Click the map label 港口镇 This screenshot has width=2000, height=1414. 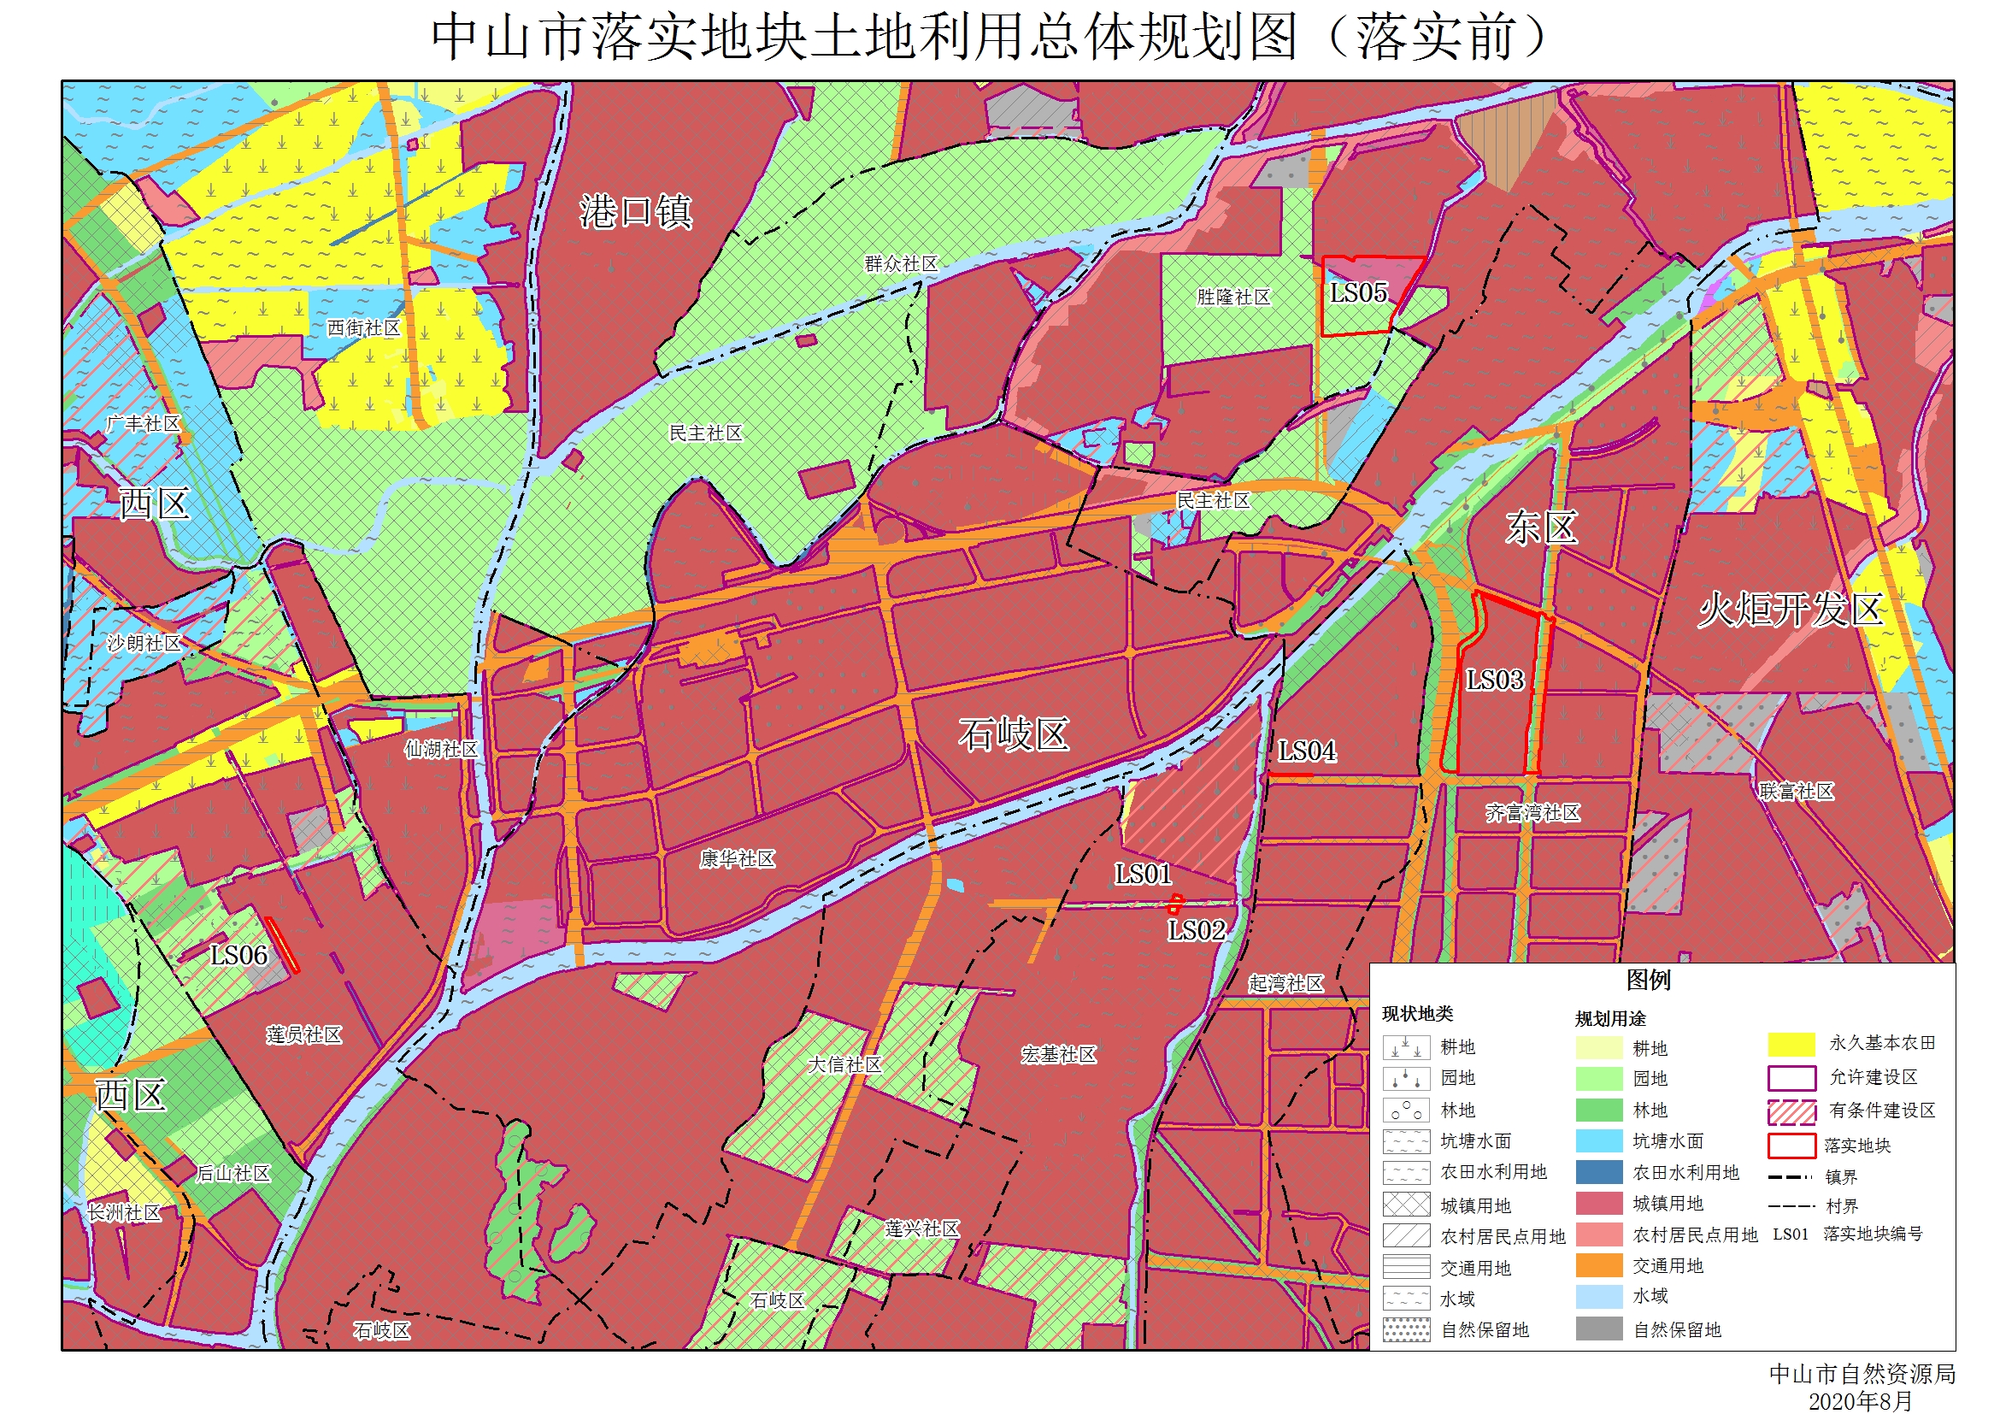(x=636, y=212)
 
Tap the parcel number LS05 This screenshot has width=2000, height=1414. (x=1358, y=292)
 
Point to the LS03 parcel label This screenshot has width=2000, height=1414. (x=1495, y=680)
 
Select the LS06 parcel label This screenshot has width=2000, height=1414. (x=238, y=955)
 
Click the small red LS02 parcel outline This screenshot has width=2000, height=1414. (x=1175, y=903)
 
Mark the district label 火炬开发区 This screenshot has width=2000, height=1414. (x=1791, y=609)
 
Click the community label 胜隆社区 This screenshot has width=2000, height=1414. (x=1233, y=298)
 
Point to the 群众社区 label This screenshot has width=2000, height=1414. (x=902, y=263)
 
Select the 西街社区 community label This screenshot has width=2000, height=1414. (x=364, y=327)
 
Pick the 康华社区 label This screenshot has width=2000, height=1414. (x=737, y=859)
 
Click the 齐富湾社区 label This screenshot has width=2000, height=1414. (x=1532, y=813)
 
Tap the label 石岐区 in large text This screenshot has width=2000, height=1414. (x=1014, y=734)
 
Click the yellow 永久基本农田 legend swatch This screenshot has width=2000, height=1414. (x=1791, y=1044)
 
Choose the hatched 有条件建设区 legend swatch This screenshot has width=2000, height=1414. (x=1791, y=1111)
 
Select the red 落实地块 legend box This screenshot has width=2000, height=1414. (x=1791, y=1146)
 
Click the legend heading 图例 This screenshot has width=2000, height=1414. (x=1648, y=980)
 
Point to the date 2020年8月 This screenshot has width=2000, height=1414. (x=1861, y=1401)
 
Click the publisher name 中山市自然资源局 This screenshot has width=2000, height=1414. (x=1862, y=1374)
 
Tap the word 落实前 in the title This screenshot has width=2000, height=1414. (x=1436, y=38)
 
